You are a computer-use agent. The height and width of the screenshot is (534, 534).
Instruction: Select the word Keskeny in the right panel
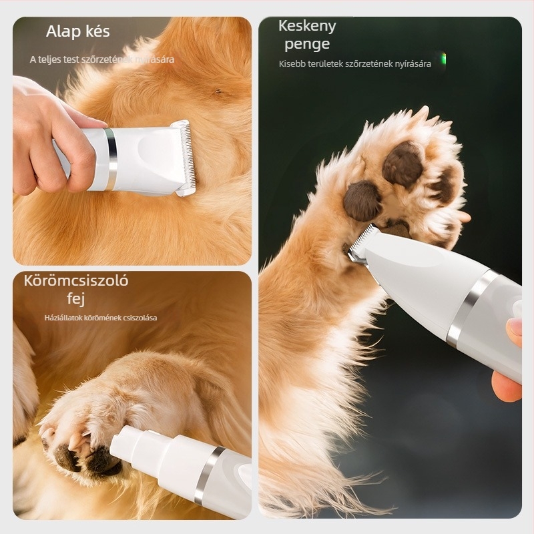click(307, 27)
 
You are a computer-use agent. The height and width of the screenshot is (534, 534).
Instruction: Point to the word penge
click(307, 45)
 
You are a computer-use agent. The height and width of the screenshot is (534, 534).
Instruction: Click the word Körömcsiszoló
click(76, 280)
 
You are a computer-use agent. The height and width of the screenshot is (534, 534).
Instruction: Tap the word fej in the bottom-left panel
click(75, 298)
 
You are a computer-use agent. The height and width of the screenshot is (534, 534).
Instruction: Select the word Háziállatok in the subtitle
click(63, 318)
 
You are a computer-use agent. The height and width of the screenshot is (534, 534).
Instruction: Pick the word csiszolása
click(140, 318)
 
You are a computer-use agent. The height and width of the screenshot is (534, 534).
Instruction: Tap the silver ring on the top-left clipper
click(111, 160)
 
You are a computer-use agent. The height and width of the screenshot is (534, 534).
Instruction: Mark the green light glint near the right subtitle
click(443, 59)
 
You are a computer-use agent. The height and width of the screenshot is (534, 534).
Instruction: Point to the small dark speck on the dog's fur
click(217, 91)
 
